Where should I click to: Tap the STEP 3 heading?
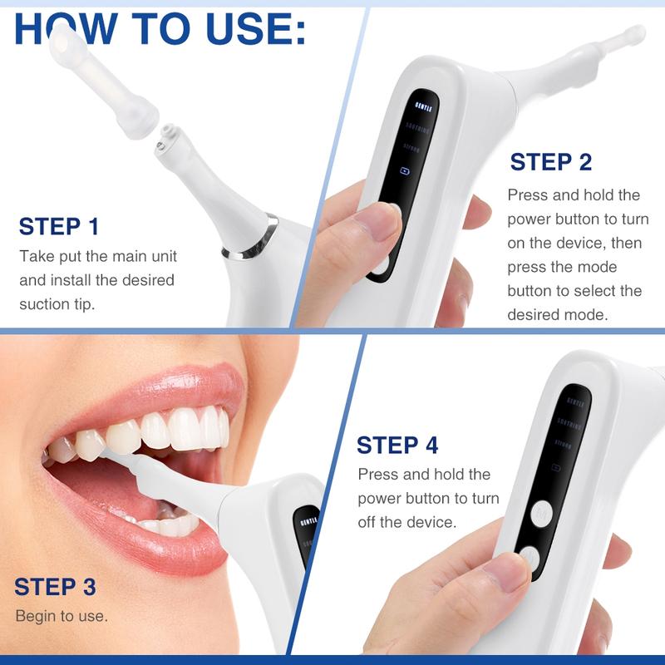[56, 587]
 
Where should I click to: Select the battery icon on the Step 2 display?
[405, 170]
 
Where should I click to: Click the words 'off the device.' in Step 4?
[407, 523]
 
